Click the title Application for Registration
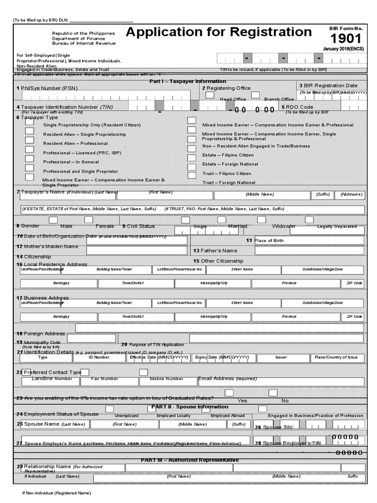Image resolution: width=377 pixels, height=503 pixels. tap(219, 32)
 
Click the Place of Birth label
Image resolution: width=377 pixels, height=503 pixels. tap(269, 241)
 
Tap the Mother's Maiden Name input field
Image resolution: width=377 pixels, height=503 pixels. tap(136, 250)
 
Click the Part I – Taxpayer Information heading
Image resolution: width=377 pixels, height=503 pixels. tap(188, 81)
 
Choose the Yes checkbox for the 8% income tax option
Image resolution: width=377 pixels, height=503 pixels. tap(229, 392)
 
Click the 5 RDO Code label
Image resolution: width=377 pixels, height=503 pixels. tap(297, 107)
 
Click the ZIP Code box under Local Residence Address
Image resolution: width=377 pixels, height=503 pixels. tap(354, 283)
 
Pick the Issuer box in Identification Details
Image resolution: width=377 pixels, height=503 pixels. tap(281, 358)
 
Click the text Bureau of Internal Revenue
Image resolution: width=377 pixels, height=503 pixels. tap(84, 44)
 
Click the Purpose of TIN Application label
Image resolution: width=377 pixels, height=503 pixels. tap(153, 345)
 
